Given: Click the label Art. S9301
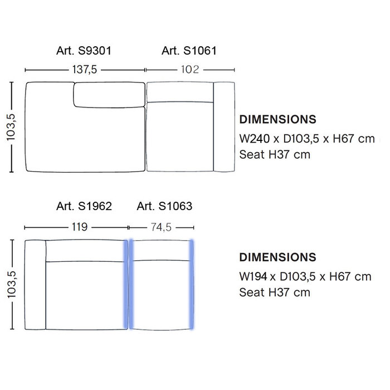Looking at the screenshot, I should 84,51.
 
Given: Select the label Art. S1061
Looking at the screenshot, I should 189,51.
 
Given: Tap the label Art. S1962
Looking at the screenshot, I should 84,206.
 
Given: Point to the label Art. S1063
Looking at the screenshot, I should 164,206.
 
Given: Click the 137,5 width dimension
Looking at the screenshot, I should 84,70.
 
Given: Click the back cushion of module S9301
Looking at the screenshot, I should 108,95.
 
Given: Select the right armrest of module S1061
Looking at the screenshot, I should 225,127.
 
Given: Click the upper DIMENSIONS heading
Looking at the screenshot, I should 277,120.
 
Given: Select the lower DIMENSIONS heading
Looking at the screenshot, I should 277,257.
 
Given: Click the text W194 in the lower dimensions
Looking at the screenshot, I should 253,276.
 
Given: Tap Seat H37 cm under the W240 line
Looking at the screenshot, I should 275,154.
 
